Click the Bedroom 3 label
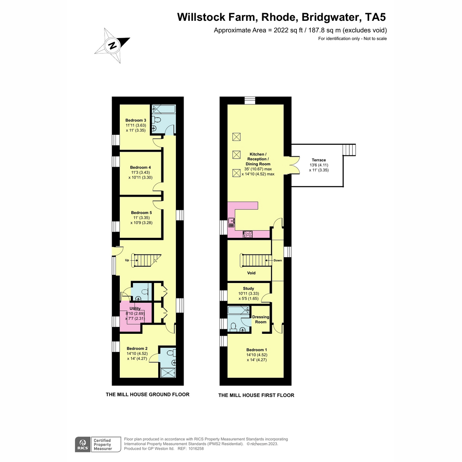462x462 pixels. point(136,120)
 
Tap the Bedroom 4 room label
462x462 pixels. point(140,167)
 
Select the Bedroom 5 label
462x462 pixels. point(141,213)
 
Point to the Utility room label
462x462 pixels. point(135,308)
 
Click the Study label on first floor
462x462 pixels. point(248,288)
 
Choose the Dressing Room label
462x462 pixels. point(260,319)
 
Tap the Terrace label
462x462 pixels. point(319,160)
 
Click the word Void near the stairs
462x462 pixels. point(251,273)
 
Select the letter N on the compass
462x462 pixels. point(112,45)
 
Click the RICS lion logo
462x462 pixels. point(83,444)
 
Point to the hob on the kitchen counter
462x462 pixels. point(248,234)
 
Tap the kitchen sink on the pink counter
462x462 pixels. point(231,222)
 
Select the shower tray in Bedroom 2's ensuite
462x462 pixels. point(168,373)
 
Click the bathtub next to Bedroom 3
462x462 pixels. point(164,109)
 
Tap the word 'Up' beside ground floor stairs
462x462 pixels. point(127,260)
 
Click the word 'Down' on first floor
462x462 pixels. point(278,260)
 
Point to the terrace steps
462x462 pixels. point(349,150)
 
